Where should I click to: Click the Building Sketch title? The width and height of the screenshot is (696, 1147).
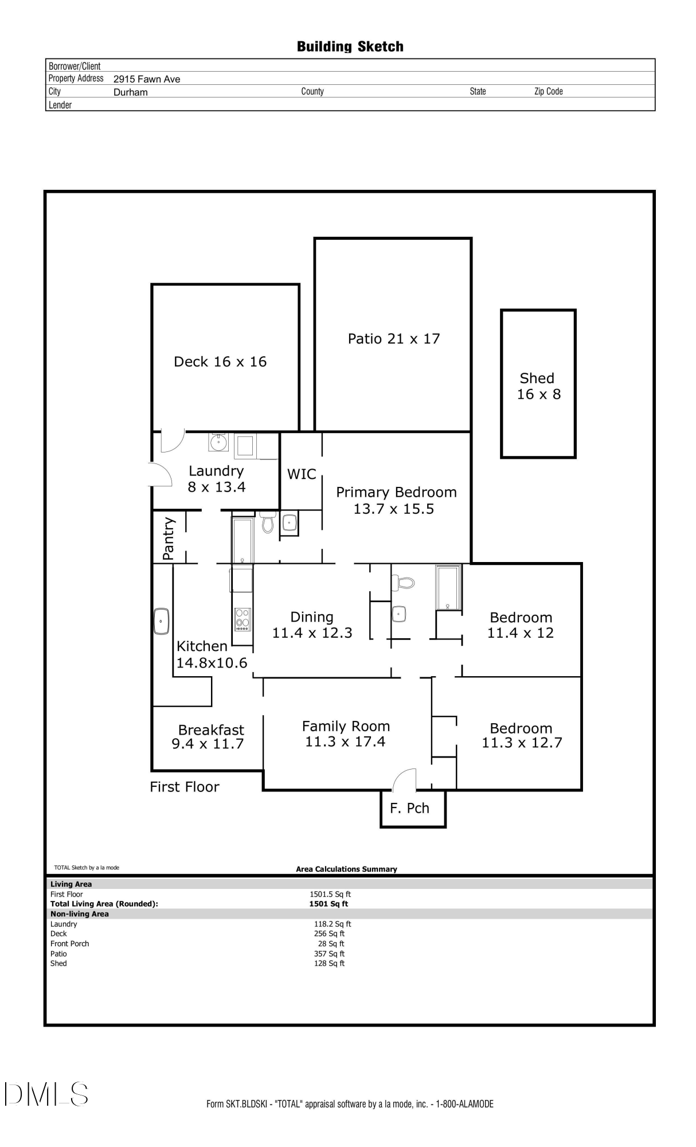tap(350, 46)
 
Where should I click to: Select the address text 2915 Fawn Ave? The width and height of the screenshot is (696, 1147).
tap(147, 79)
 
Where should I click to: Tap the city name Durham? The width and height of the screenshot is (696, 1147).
tap(131, 92)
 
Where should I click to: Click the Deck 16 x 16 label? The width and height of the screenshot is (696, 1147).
tap(220, 362)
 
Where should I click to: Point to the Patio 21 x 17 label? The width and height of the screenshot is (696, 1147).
tap(394, 339)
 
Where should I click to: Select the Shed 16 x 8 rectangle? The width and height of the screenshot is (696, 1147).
tap(538, 384)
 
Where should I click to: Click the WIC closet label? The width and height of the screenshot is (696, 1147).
tap(302, 474)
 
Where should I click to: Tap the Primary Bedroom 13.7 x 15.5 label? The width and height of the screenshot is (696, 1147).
tap(396, 500)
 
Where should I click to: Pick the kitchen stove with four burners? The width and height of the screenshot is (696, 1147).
tap(243, 619)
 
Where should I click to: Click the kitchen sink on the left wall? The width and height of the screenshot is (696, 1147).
tap(162, 622)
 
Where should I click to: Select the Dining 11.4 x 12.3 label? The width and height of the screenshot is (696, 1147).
tap(312, 625)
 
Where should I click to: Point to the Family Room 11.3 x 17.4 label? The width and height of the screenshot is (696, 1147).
tap(346, 734)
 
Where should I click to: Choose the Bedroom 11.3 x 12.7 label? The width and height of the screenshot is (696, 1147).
tap(521, 735)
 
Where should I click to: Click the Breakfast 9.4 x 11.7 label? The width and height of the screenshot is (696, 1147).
tap(210, 737)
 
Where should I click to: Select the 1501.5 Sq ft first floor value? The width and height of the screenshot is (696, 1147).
tap(330, 894)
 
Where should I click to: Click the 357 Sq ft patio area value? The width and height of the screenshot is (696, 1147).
tap(329, 954)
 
